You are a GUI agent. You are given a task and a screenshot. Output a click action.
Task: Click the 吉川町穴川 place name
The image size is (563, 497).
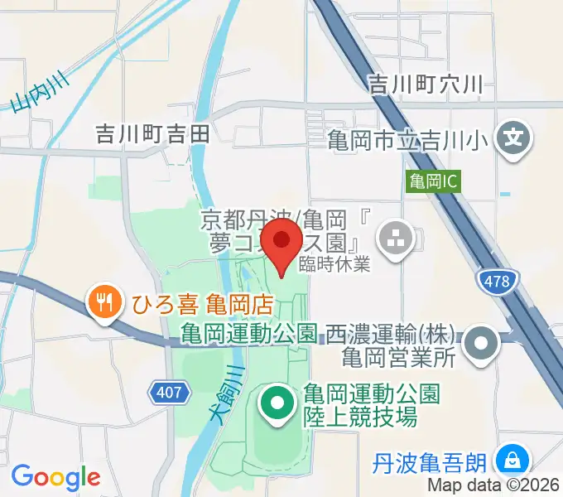tap(425, 83)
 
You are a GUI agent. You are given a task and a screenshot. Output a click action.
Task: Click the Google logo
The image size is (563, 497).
tap(55, 476)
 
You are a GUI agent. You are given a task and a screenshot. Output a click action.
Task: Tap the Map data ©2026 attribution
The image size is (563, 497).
tap(492, 486)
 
